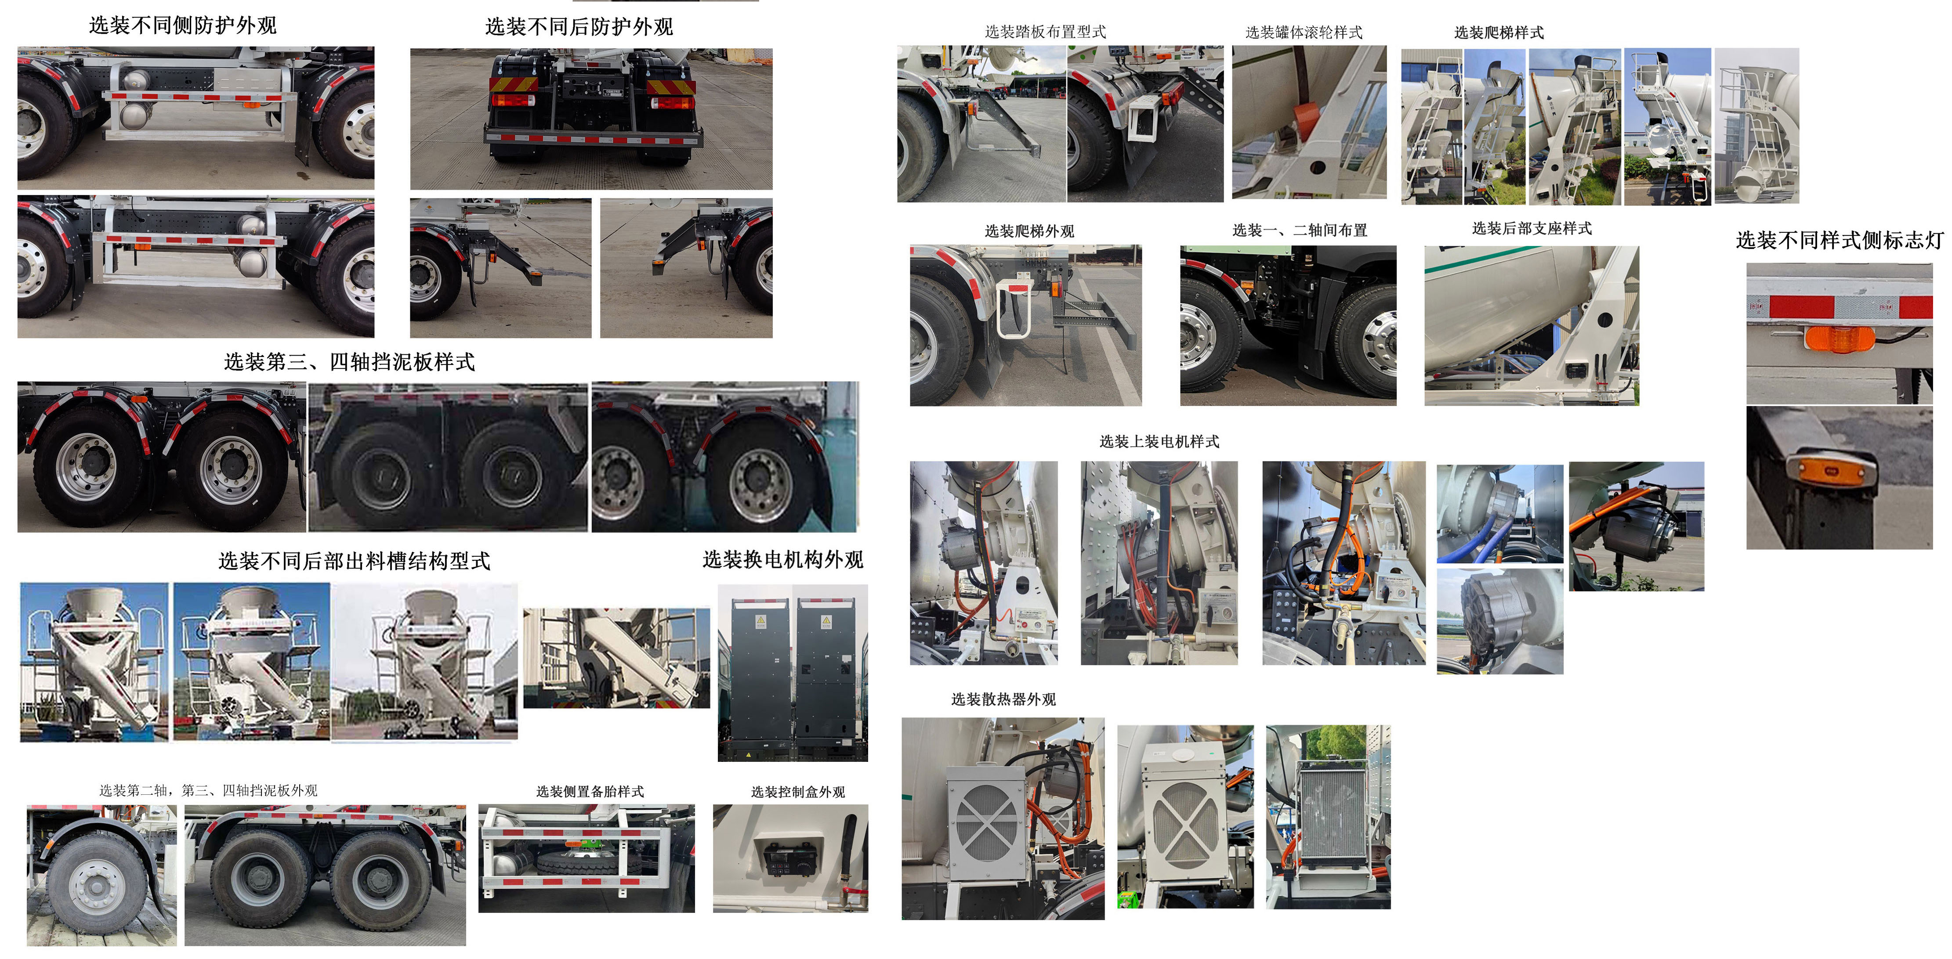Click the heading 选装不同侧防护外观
pos(183,26)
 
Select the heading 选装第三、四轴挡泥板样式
pos(349,362)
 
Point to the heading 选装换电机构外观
pos(783,560)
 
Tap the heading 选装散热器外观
pos(1003,699)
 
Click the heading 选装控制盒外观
pos(798,792)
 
